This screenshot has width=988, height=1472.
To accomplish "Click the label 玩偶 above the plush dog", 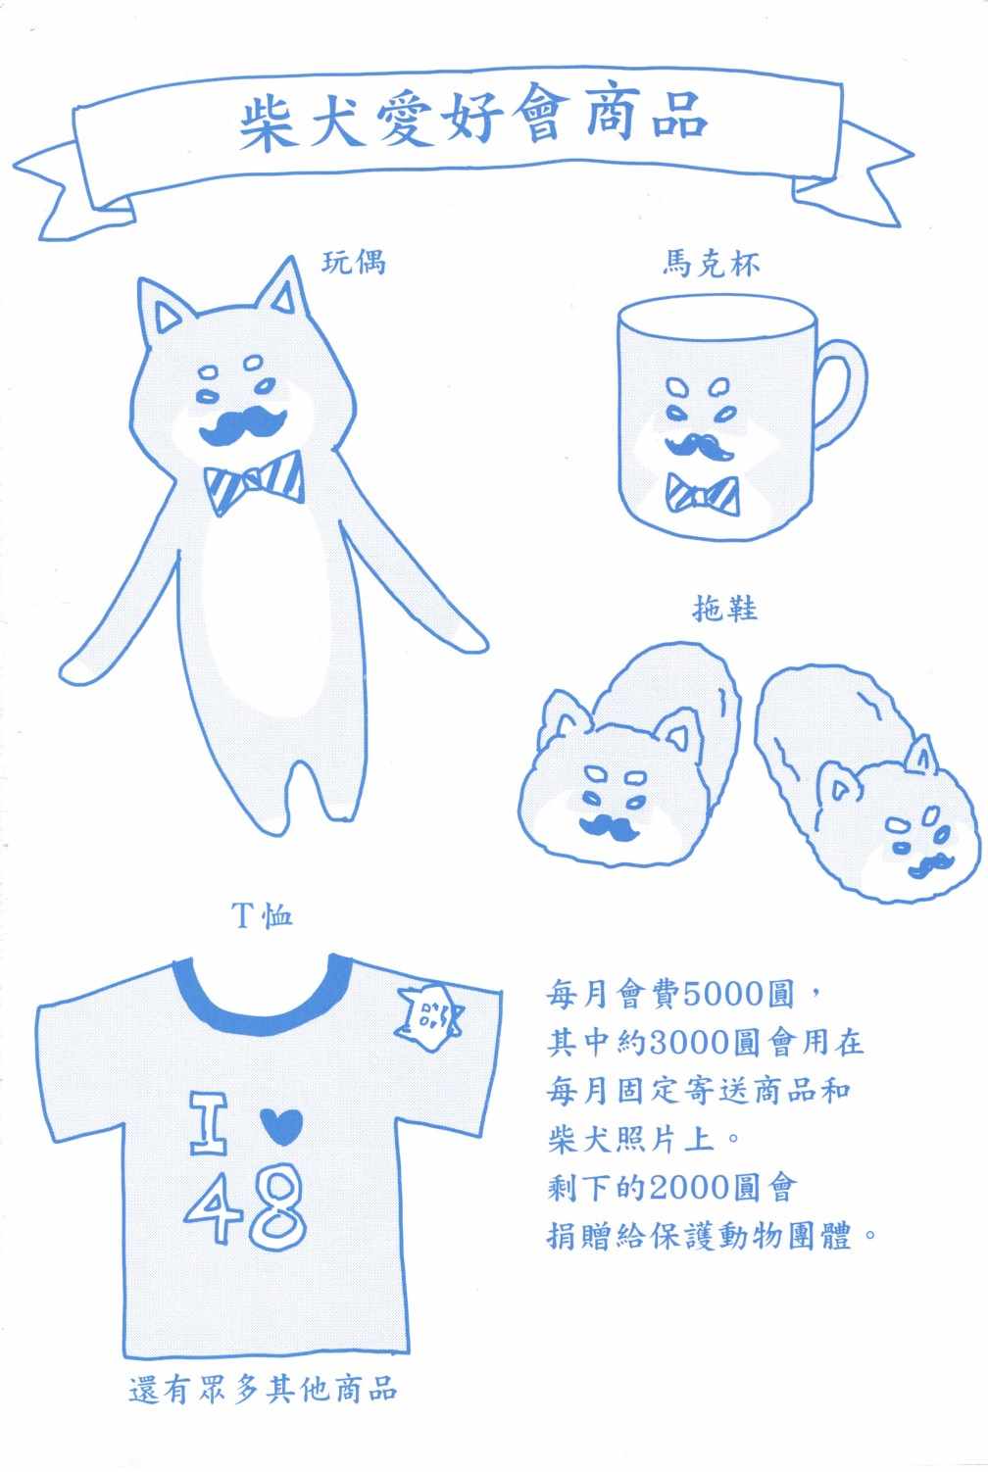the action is coord(354,263).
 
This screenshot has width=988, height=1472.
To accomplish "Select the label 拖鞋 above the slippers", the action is coord(724,608).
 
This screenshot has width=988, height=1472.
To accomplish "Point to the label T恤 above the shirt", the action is coord(262,914).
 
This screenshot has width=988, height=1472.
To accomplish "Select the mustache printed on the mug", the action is coord(699,446).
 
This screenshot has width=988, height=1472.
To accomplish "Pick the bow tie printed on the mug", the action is coord(703,493).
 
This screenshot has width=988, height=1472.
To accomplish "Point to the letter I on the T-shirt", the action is coord(209,1124).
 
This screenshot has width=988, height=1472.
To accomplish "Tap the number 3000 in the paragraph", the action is coord(691,1043).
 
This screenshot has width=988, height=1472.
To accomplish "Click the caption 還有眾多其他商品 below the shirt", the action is coord(263,1390).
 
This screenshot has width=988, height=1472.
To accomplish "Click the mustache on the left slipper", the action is coord(610,827).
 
